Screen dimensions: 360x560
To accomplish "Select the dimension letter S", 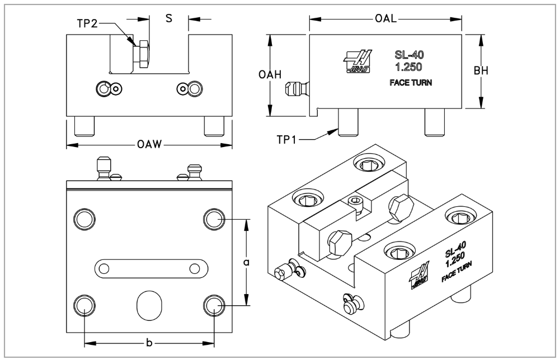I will (x=168, y=18).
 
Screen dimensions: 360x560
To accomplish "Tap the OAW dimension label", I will (x=149, y=145).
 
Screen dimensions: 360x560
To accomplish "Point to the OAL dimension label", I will (x=385, y=18).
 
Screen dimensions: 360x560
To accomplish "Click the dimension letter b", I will (x=149, y=343).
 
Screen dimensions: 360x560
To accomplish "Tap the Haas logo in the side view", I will (x=359, y=61).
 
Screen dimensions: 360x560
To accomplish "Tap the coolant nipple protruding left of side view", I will (x=297, y=89).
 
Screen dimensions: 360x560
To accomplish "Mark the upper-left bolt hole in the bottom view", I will (x=84, y=218).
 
